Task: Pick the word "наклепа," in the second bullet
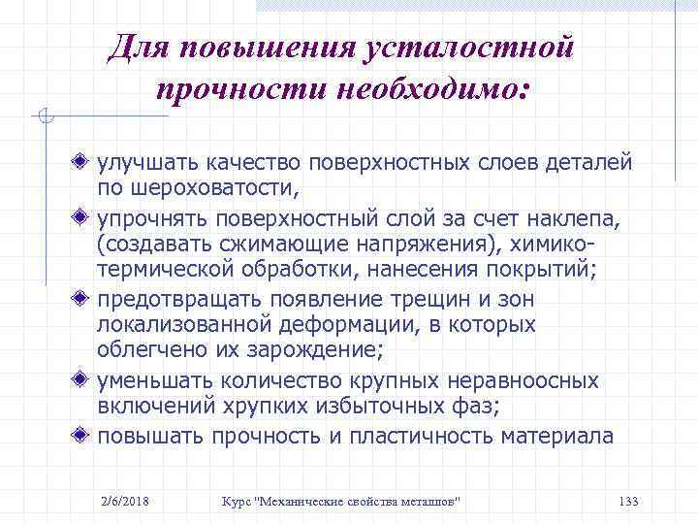tap(572, 215)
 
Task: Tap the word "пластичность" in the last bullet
tap(419, 436)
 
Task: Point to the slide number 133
tap(627, 501)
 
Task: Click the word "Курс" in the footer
tap(237, 501)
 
